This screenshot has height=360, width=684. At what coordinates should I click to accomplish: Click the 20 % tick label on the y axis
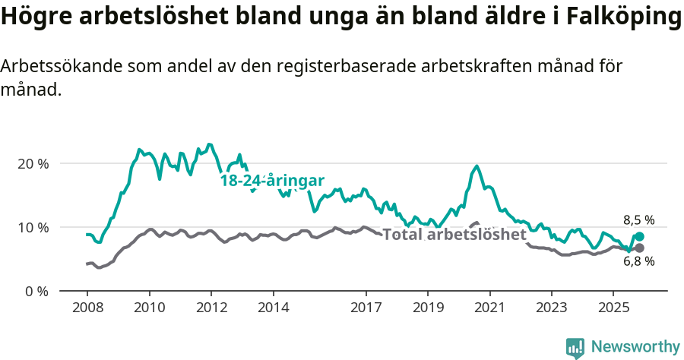point(33,163)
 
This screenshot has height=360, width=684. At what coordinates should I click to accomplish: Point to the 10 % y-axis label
point(33,227)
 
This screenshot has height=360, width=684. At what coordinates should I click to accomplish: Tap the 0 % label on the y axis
point(36,291)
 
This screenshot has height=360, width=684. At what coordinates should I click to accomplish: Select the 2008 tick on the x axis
point(87,308)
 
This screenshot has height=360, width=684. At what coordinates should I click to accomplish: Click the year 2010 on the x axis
point(149,308)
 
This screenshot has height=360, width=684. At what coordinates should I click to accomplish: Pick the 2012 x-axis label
point(211,308)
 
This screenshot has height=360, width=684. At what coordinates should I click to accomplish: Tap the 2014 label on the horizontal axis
point(274,308)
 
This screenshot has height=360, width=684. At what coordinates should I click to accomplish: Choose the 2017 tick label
point(366,308)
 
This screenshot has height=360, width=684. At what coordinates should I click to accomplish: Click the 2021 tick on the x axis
point(490,308)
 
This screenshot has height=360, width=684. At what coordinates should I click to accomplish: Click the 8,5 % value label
point(638,220)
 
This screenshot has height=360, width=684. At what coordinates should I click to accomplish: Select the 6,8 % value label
point(638,262)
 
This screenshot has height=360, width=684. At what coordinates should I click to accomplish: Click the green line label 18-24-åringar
point(272,181)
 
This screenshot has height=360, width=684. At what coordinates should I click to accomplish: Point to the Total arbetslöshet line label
point(454,235)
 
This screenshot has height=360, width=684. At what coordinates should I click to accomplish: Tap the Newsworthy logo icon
point(575,347)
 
